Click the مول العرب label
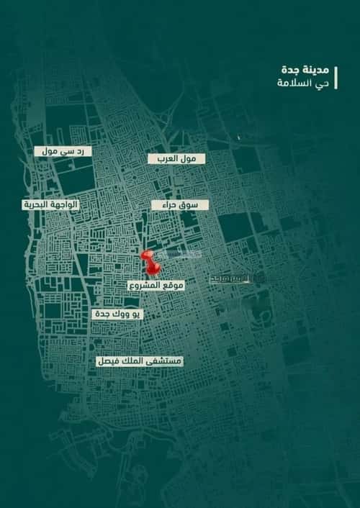[177, 158]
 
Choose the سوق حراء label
[180, 205]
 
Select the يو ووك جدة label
[117, 314]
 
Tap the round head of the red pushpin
[148, 256]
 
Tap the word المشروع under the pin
[143, 286]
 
